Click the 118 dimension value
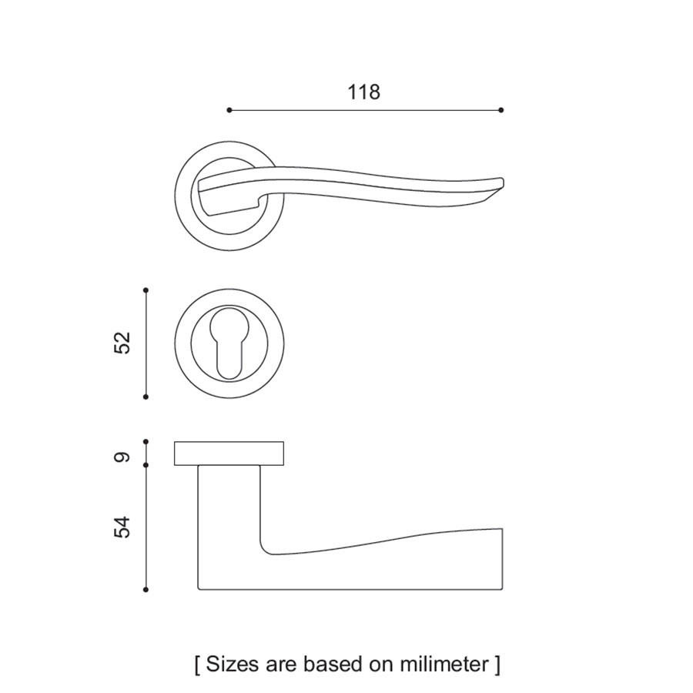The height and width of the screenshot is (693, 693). point(363,92)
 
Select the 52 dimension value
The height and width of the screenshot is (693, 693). point(122,343)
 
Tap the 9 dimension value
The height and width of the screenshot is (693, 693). point(122,457)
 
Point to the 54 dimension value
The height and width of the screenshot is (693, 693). point(122,527)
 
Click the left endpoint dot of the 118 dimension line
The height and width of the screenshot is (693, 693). point(229,110)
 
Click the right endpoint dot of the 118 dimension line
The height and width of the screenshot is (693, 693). point(500,110)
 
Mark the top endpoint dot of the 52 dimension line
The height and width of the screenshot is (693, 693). point(146,290)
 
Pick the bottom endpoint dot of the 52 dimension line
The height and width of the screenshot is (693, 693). point(146,397)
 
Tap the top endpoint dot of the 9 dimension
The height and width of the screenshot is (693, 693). point(146,441)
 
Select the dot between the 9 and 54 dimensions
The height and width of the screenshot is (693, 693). point(146,465)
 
